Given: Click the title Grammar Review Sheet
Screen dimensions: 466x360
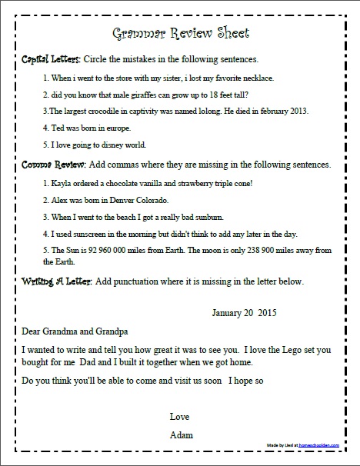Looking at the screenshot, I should pyautogui.click(x=180, y=34).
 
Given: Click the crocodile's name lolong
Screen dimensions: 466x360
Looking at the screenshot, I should pyautogui.click(x=212, y=112).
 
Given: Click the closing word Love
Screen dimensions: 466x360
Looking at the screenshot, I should pyautogui.click(x=180, y=416).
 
